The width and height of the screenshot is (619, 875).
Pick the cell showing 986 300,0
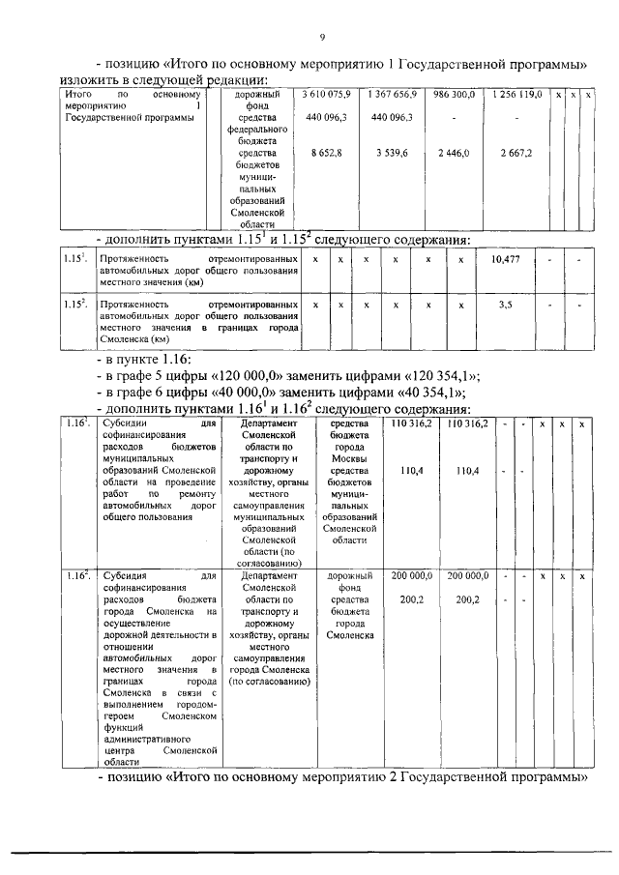pos(454,96)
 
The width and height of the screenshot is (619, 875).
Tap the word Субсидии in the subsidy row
pos(91,424)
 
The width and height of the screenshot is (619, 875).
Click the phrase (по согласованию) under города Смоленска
pos(270,682)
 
